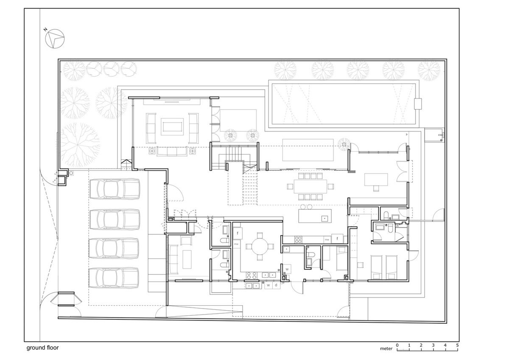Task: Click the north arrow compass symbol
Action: (54, 38)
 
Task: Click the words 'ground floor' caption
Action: (42, 347)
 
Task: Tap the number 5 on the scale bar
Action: (457, 345)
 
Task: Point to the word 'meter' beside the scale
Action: (386, 349)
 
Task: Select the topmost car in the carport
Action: (115, 189)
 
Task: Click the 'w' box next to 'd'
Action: (268, 286)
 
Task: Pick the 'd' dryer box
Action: (276, 286)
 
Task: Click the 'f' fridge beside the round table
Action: (238, 233)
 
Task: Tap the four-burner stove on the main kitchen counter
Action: (298, 239)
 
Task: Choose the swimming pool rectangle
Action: (344, 103)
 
